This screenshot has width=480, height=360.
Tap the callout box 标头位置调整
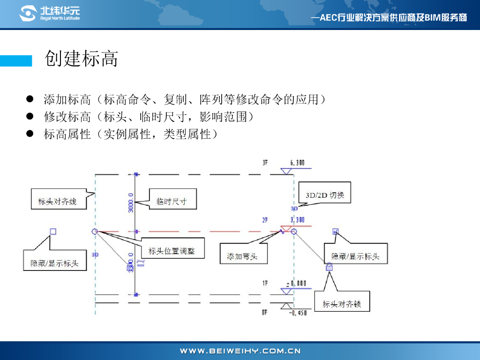coord(172,251)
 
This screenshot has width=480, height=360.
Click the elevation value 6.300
coord(298,163)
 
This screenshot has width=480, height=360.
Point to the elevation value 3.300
coord(298,219)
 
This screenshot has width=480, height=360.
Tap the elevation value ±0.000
coord(296,283)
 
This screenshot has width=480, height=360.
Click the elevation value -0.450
coord(298,313)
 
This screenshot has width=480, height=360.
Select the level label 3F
coord(265,163)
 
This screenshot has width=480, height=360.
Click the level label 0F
coord(265,313)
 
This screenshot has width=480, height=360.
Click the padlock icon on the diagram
coord(329,267)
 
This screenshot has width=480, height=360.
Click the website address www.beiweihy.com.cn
coord(240,351)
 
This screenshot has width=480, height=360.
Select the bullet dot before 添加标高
coord(30,99)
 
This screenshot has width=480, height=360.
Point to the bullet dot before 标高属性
coord(30,134)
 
